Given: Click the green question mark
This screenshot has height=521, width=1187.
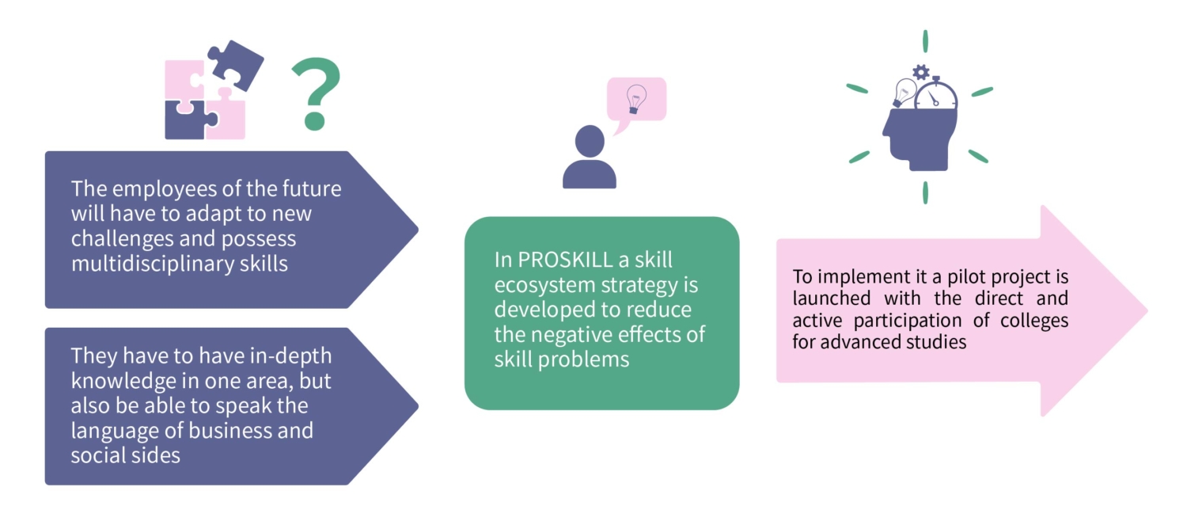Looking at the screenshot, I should [x=316, y=93].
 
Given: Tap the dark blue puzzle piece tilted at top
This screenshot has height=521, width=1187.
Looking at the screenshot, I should [x=234, y=64].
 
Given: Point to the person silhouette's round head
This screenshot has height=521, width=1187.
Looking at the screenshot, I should [x=590, y=141].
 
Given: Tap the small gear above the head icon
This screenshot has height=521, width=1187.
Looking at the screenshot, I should [x=920, y=72].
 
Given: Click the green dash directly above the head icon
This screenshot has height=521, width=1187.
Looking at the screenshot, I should [x=924, y=41].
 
